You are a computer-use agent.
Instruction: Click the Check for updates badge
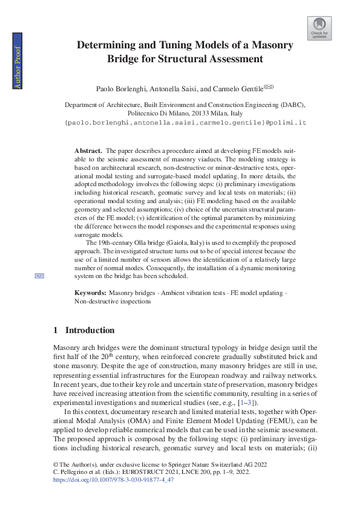(x=319, y=28)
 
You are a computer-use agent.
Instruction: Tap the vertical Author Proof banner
(x=18, y=67)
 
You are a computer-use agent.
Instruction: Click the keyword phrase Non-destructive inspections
(x=113, y=300)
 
